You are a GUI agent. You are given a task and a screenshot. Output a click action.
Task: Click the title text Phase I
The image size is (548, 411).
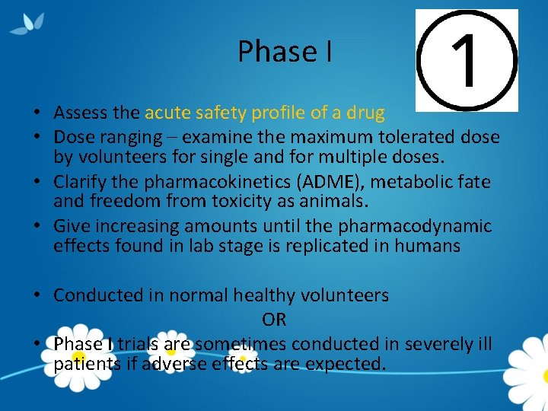tap(284, 52)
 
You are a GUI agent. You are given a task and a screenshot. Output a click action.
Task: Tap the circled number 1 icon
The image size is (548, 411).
tap(466, 60)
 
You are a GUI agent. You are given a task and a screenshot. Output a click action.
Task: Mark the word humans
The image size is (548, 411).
tap(424, 246)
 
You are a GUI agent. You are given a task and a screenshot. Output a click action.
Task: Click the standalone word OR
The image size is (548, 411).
tap(274, 320)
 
